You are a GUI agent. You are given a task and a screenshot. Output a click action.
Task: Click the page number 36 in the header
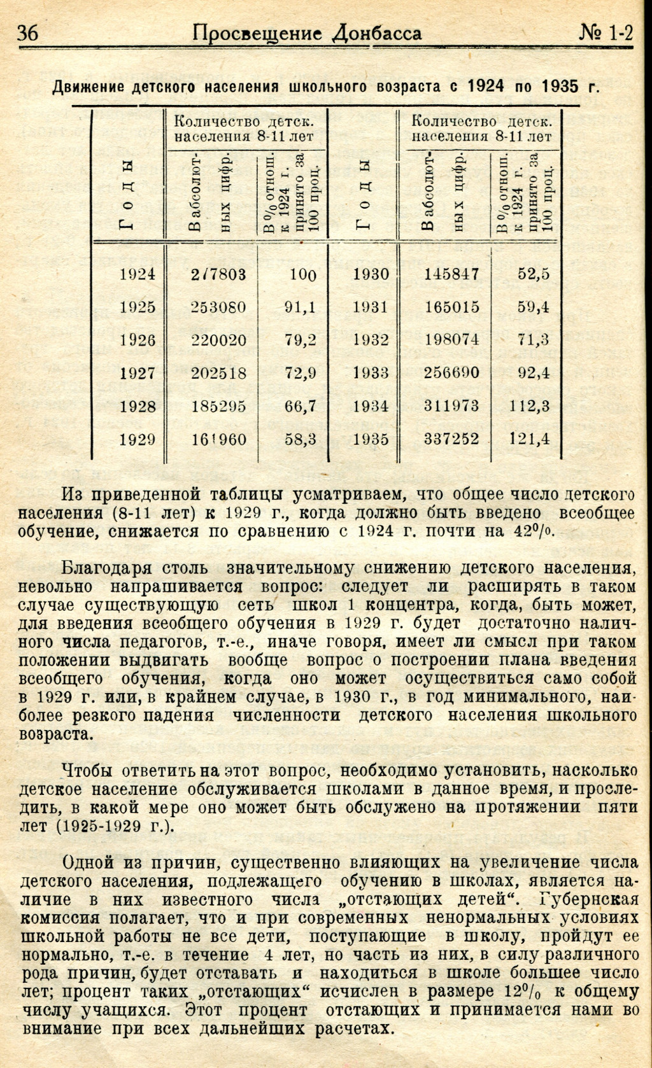point(28,33)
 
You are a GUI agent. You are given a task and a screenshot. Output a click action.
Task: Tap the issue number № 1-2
point(606,33)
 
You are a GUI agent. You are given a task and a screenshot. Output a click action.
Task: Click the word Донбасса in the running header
point(377,33)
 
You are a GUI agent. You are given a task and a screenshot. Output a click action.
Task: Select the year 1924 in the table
point(138,274)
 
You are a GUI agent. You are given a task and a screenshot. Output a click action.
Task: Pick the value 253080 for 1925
point(218,307)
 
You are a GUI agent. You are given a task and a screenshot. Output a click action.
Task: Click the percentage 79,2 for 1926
point(301,340)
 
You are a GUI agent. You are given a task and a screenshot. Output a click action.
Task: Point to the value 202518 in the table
point(218,373)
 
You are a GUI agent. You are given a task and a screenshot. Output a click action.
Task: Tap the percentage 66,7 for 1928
point(301,406)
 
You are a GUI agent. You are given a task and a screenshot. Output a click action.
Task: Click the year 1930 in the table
point(371,274)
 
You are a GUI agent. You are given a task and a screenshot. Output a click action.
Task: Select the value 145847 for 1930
point(452,274)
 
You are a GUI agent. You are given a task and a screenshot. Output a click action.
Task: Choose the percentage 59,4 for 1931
point(534,307)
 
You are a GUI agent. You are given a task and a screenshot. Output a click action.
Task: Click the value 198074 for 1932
point(452,340)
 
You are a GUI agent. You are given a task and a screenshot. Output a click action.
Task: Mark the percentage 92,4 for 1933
point(534,373)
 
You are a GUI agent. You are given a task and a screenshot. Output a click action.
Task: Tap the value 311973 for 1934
point(452,406)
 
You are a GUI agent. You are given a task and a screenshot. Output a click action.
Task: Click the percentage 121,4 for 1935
point(530,439)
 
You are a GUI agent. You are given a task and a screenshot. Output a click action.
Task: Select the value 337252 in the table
point(452,439)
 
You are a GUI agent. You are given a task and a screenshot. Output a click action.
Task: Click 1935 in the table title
point(560,86)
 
